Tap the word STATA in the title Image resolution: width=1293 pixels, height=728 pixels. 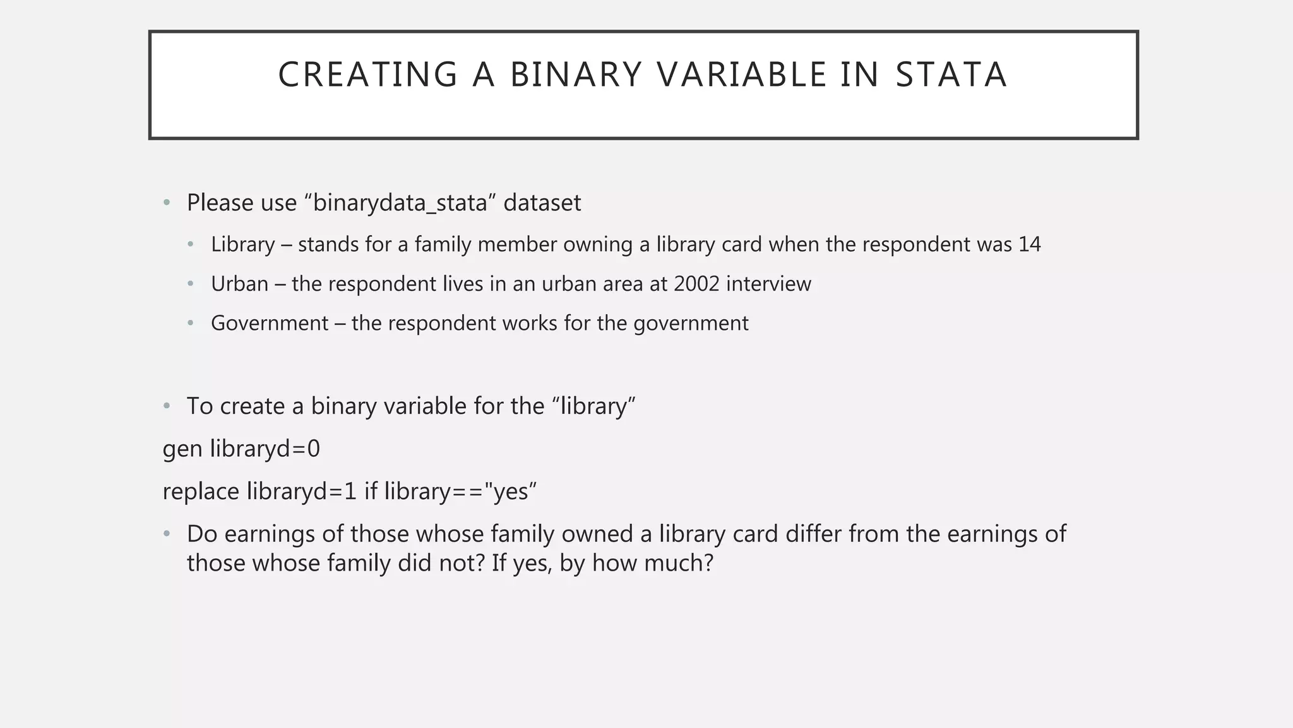[951, 75]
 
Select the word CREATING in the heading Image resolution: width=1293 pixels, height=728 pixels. [367, 75]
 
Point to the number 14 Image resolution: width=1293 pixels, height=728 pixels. [1029, 245]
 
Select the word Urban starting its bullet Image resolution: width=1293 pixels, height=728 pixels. [239, 284]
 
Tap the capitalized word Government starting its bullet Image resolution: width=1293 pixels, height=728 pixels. [270, 324]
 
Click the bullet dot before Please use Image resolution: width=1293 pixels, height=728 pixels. [167, 203]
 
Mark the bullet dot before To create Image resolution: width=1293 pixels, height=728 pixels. [167, 406]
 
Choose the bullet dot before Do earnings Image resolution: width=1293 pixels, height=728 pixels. [167, 534]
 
